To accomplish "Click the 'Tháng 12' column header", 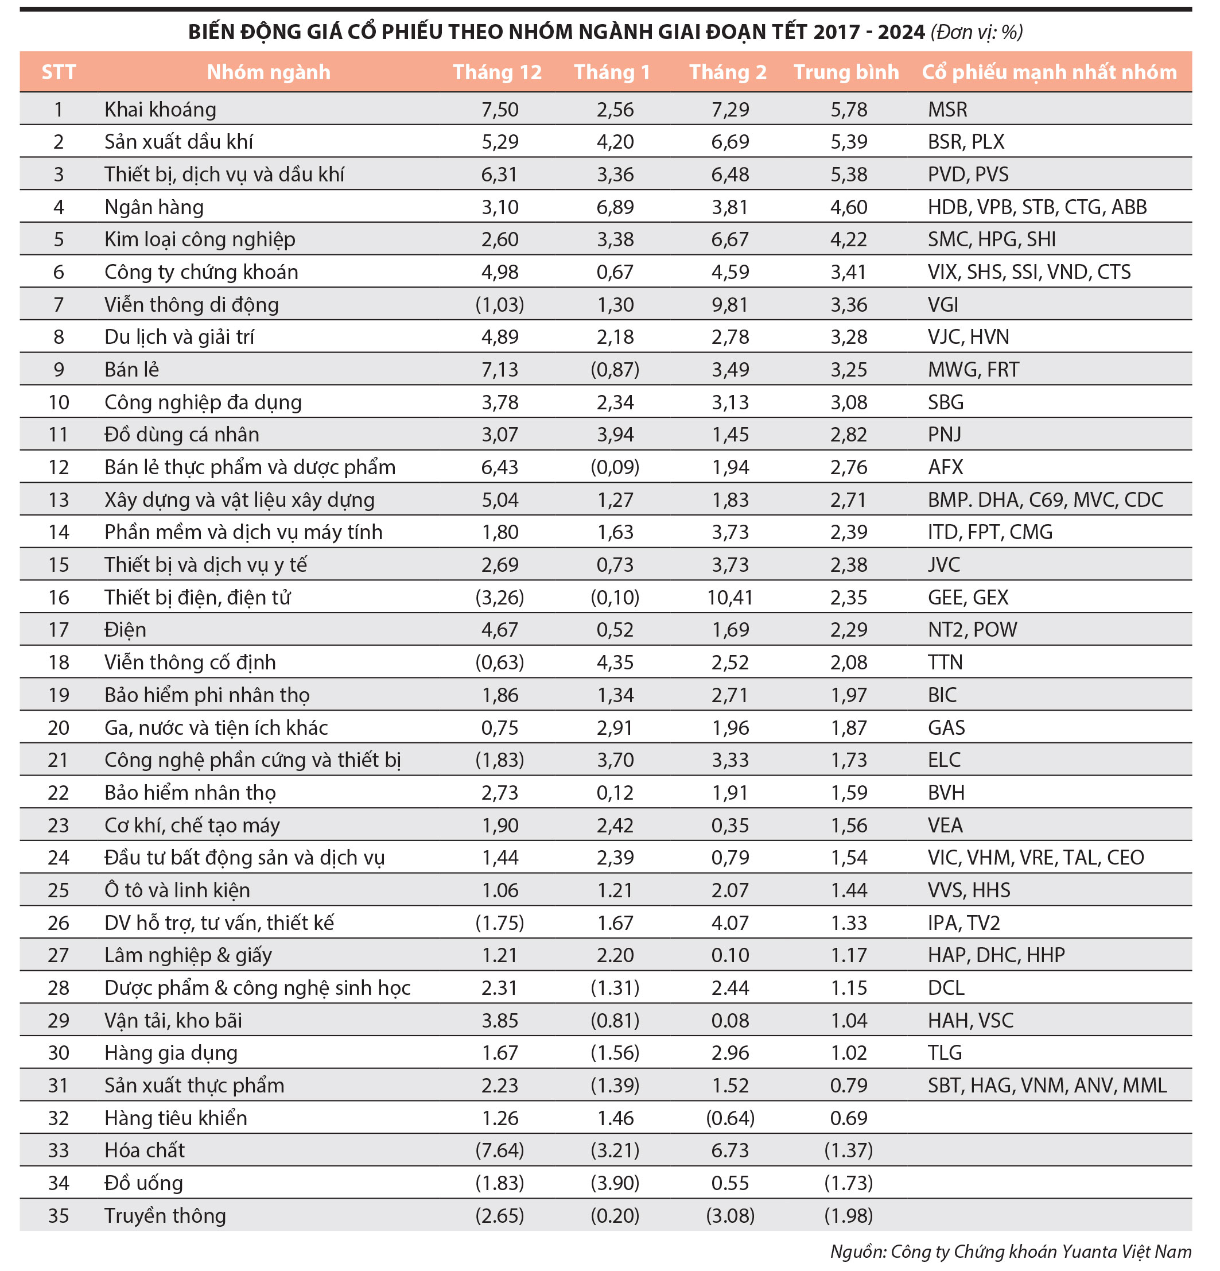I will pos(496,72).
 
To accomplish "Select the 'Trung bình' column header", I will pos(846,72).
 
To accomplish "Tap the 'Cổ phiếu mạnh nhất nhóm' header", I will pos(1049,72).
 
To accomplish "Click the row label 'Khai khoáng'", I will pos(160,110).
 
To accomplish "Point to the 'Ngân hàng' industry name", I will pos(154,207).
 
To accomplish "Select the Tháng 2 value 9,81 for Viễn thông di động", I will pos(730,305).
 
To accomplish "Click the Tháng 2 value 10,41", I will pos(730,597).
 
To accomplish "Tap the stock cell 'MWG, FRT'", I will pos(973,370).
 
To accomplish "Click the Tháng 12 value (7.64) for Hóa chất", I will pos(499,1150).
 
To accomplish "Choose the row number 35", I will pos(59,1215).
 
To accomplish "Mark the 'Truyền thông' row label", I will pos(165,1215).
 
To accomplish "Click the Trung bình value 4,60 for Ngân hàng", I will pos(849,207).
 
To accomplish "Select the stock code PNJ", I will pos(944,435).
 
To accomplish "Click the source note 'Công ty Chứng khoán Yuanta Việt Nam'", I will pos(1040,1251).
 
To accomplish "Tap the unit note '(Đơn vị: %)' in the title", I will pos(976,32).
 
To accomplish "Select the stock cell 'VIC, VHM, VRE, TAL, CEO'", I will pos(1035,857).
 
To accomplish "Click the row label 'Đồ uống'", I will pos(143,1183).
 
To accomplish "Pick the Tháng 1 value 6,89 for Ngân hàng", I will pos(615,207).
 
